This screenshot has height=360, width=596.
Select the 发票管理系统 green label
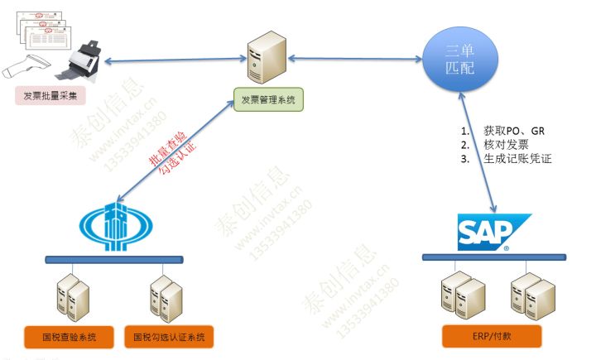(268, 101)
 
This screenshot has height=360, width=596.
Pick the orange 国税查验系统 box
(68, 338)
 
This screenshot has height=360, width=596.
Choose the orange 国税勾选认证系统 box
(169, 338)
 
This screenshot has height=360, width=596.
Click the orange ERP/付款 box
(491, 337)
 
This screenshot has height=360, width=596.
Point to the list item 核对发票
(507, 145)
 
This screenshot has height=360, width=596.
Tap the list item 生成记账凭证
(517, 159)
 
